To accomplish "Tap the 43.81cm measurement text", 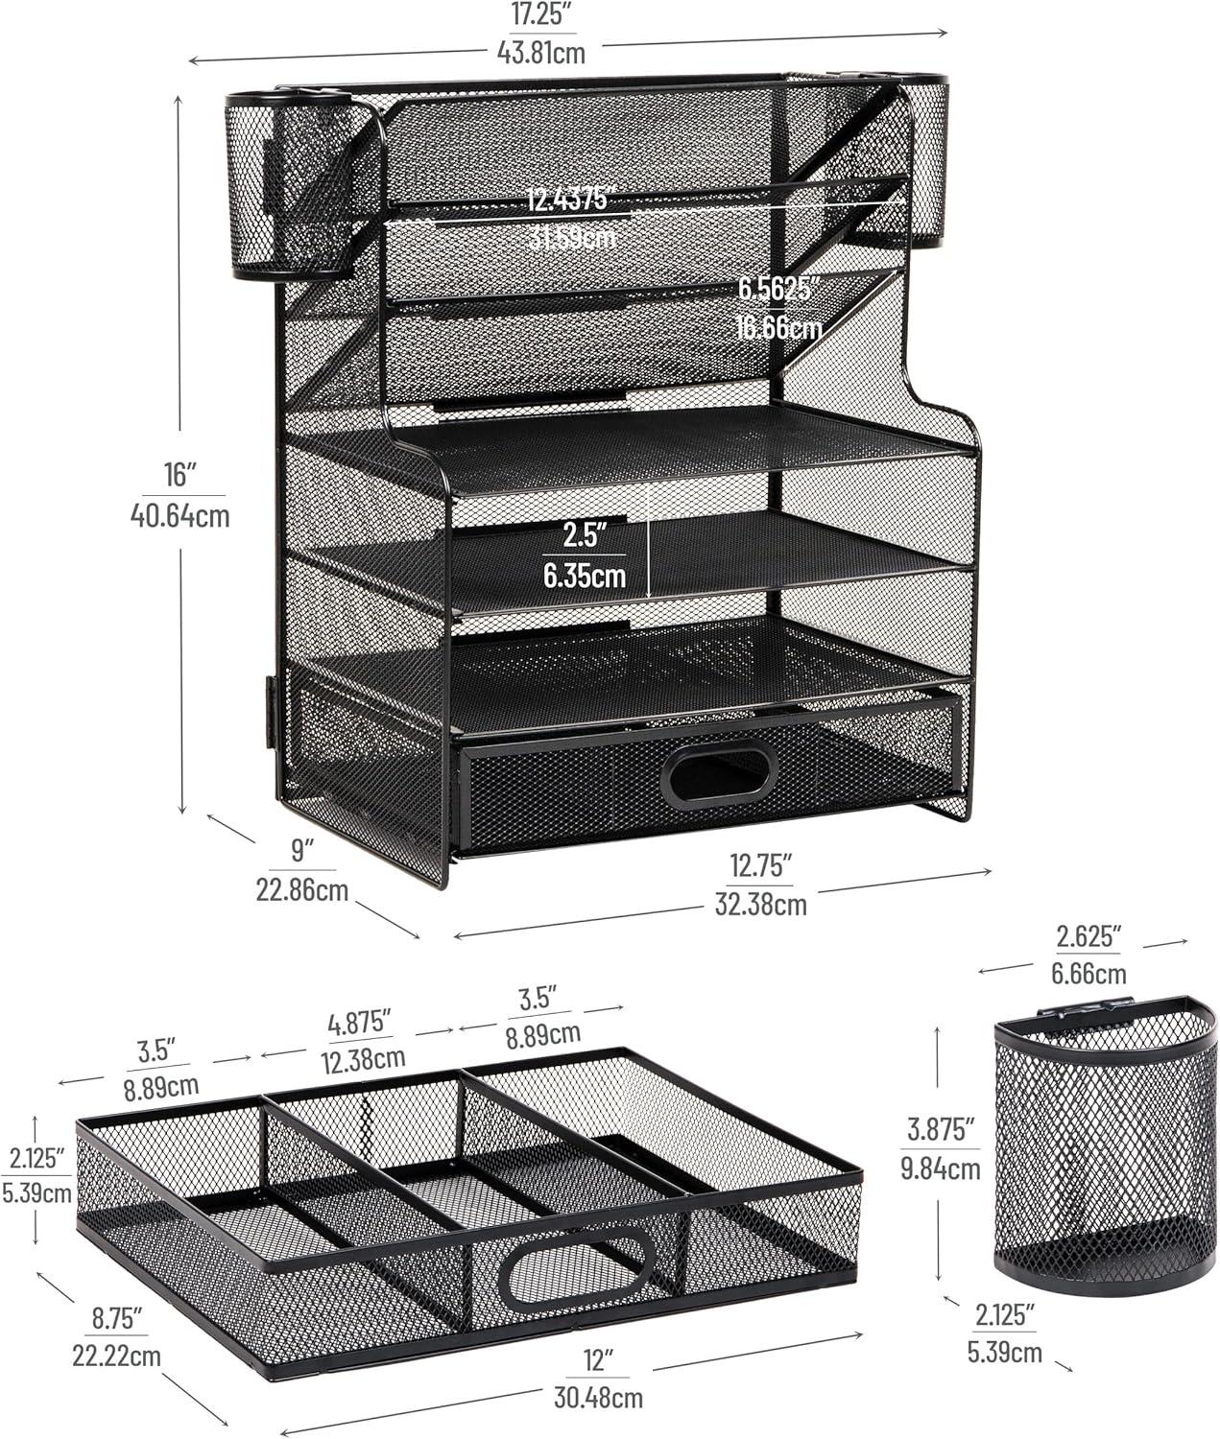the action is pos(540,52).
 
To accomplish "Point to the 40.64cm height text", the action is pos(179,516).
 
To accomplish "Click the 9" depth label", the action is pos(301,850).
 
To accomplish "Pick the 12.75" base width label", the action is pos(761,866).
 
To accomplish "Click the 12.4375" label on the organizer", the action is pos(569,200).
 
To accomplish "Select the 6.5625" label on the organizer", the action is pos(779,288).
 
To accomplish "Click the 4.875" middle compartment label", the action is pos(359,1022).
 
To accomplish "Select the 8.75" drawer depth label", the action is pos(117,1318).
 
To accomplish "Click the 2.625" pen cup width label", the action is pos(1088,936).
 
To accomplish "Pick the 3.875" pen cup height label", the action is pos(940,1128).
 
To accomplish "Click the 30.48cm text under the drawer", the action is pos(598,1398).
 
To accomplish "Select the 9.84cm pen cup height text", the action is pos(940,1168).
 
